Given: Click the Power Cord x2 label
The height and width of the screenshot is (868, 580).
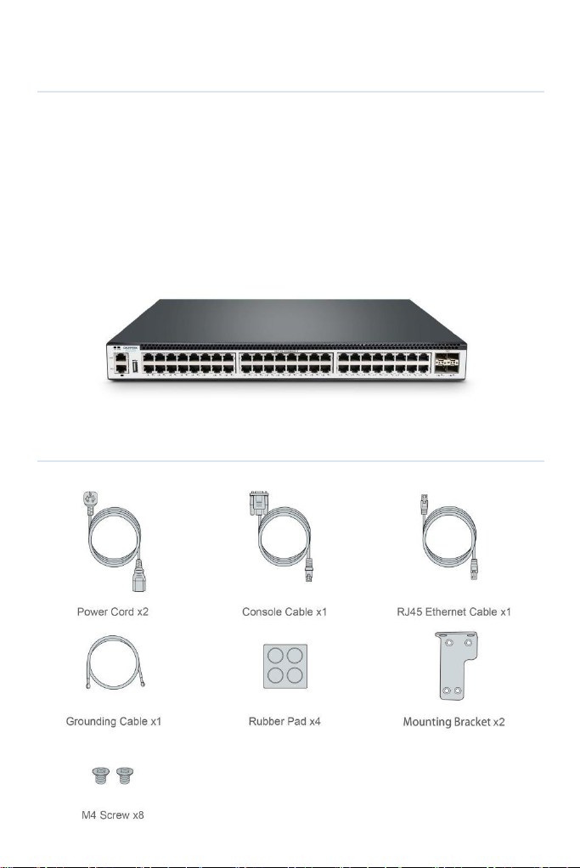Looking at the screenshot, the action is (x=113, y=612).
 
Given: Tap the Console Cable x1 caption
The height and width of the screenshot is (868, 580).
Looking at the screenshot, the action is (x=284, y=612).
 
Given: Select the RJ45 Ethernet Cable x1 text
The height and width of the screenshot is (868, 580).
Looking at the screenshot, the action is (x=453, y=612).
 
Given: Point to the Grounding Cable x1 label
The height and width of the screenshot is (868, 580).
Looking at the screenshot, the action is (x=114, y=721).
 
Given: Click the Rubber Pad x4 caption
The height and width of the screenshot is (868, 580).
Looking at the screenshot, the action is (x=284, y=721).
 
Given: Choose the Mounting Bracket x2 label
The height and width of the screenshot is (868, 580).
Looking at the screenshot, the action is (x=453, y=722).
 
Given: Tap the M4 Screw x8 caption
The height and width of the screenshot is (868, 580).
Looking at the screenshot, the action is (x=113, y=814).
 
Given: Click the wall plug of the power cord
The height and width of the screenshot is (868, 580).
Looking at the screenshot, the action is (x=90, y=500).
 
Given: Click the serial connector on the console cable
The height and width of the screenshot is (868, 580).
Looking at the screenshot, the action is (x=257, y=503).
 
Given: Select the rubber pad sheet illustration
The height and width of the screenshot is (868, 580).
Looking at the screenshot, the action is (x=285, y=666).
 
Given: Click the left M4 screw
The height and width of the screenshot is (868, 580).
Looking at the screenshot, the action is (x=101, y=775).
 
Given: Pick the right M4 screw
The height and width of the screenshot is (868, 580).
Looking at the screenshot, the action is (x=126, y=775).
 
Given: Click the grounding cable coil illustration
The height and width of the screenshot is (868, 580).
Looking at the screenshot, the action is (x=115, y=662).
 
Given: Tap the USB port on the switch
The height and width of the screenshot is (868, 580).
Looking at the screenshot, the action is (x=135, y=366).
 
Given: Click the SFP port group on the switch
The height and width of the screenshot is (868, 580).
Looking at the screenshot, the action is (x=448, y=363).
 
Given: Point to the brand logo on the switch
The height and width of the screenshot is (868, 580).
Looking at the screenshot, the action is (x=131, y=347).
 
